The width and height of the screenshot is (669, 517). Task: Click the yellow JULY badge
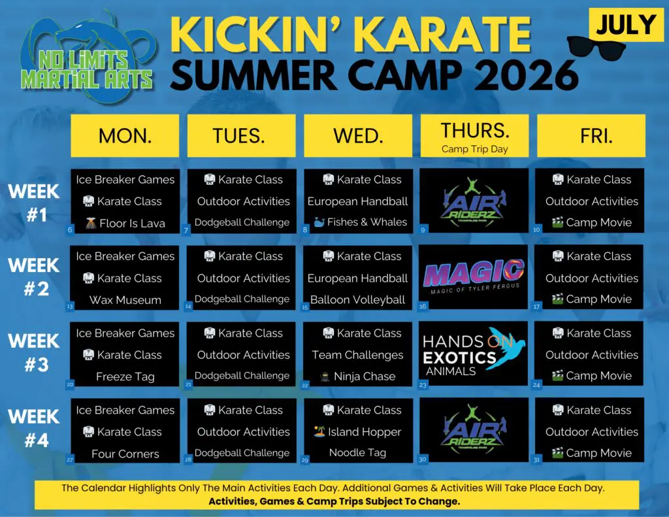coord(626,25)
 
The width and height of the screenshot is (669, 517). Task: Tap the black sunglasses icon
coord(597,47)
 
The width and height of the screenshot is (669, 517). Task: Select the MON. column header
coord(125,136)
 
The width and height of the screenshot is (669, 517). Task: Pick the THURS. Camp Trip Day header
coord(474,136)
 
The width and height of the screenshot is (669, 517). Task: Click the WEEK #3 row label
coord(33,353)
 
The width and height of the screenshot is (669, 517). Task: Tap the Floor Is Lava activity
coord(125,223)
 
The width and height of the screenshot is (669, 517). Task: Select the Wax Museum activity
coord(125,300)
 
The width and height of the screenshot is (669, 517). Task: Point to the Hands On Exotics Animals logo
coord(474,354)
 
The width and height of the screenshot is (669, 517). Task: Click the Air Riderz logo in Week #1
coord(474,199)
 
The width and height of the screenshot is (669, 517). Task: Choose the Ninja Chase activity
coord(358,376)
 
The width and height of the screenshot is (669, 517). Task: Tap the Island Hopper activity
coord(358,432)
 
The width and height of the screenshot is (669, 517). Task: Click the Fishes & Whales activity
coord(358,222)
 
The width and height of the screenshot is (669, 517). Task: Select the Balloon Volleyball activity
coord(358,300)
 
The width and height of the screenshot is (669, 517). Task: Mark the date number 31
coord(537,459)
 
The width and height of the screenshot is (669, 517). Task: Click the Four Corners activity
coord(125,454)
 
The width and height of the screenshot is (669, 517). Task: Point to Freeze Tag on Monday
coord(125,376)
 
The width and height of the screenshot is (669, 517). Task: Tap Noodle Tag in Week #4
coord(358,453)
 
